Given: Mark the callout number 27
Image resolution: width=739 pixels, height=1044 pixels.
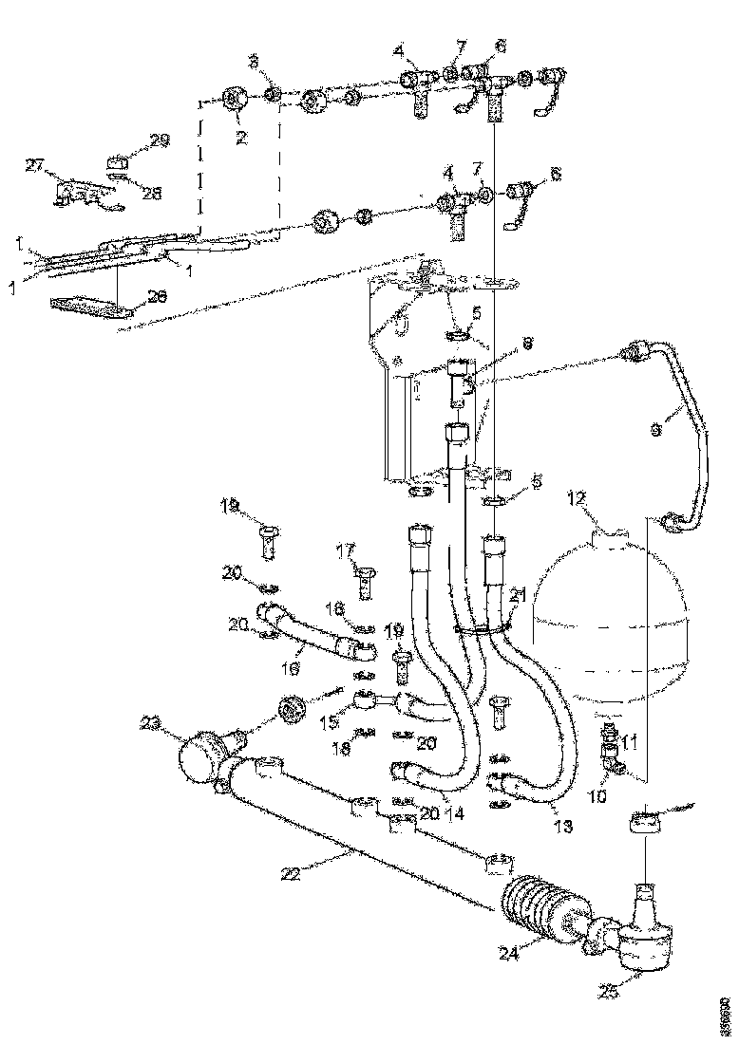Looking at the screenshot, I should pyautogui.click(x=36, y=166).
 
